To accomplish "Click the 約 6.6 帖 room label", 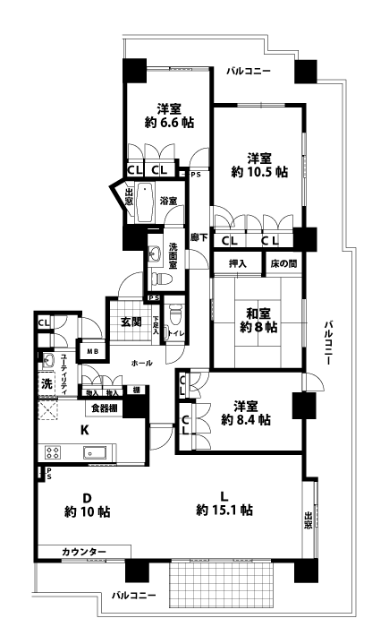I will coord(167,123).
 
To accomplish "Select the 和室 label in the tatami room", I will coord(259,313).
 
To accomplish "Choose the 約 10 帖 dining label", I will coord(87,512).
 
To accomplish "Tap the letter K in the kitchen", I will coord(84,430).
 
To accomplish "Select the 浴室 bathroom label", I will coord(168,202).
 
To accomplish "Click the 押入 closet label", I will coord(237,263).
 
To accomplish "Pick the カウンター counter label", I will coord(84,551).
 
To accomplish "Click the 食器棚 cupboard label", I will coord(105,408).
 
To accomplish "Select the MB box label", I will coord(91,350).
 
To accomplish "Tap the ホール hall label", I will coord(140,363).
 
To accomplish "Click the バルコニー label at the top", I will coord(249,70).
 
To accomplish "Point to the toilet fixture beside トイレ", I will coord(176,316).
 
